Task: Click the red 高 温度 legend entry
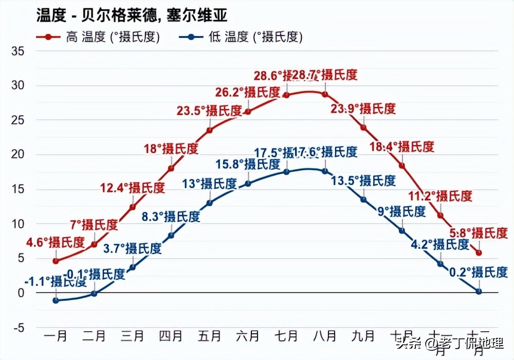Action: click(98, 38)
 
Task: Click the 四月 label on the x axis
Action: click(171, 336)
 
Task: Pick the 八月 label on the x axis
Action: click(325, 336)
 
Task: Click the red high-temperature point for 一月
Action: click(56, 261)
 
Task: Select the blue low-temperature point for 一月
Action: click(56, 300)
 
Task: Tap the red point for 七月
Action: click(286, 95)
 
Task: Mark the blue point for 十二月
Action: click(479, 291)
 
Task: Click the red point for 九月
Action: click(363, 128)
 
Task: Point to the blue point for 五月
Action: click(209, 203)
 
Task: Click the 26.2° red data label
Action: click(248, 93)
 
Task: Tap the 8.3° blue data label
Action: click(170, 217)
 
